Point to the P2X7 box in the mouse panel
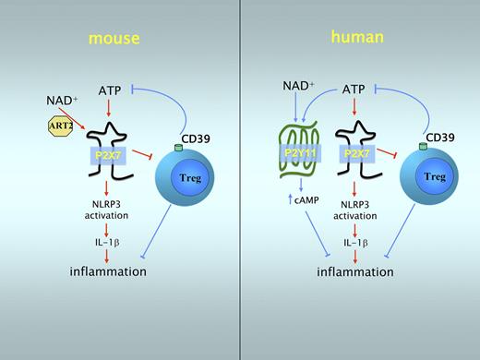click(112, 158)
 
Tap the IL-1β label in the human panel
click(354, 243)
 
